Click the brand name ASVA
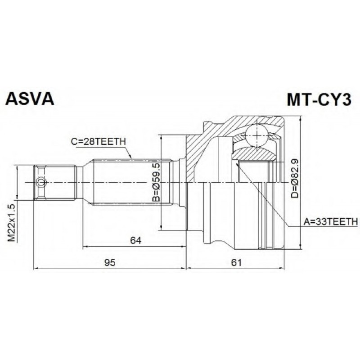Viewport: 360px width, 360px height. pyautogui.click(x=29, y=99)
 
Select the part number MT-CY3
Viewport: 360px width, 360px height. pyautogui.click(x=320, y=99)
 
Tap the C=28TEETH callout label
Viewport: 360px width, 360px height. pyautogui.click(x=98, y=142)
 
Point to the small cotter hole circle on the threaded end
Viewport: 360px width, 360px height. pyautogui.click(x=40, y=182)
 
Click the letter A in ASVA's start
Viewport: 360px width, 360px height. pyautogui.click(x=11, y=99)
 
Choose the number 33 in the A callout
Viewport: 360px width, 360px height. pyautogui.click(x=314, y=221)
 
